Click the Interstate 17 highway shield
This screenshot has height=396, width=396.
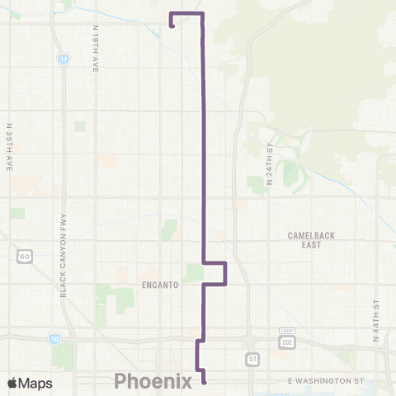click(64, 60)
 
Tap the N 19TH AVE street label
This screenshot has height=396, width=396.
click(96, 48)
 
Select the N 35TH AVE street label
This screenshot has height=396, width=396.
click(9, 147)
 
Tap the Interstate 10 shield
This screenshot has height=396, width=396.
click(54, 338)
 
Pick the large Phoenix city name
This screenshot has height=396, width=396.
click(153, 380)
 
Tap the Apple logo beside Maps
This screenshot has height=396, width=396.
click(13, 383)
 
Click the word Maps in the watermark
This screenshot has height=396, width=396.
click(36, 383)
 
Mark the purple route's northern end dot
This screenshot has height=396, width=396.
click(172, 26)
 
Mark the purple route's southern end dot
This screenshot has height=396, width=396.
click(204, 381)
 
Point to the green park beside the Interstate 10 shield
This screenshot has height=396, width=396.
click(63, 355)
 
